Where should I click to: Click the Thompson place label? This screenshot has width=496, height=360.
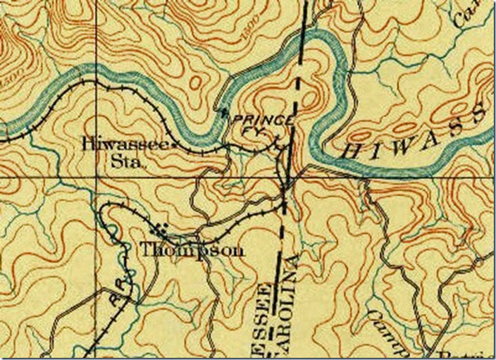192,249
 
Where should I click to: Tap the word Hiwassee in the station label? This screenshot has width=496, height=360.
125,143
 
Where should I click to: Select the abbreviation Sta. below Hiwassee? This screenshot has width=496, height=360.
129,161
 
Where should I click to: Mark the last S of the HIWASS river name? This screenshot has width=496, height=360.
480,112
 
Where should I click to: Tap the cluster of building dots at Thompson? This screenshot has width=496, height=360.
162,229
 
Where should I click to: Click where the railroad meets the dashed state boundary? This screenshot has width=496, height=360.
284,205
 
